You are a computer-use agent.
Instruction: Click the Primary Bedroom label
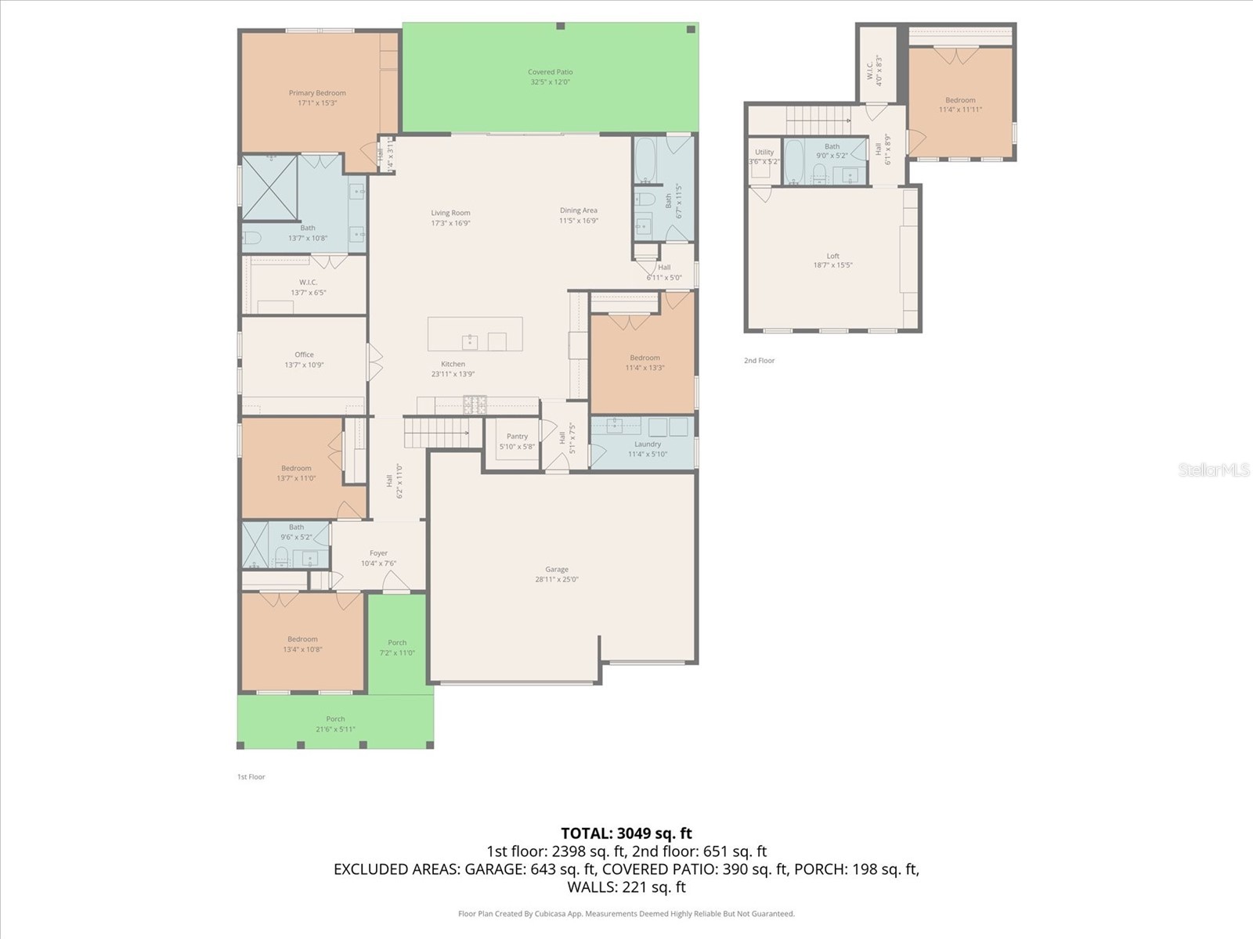click(317, 93)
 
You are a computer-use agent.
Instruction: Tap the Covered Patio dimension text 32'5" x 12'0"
click(551, 82)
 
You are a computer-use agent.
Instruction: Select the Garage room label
click(557, 570)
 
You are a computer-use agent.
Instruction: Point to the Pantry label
click(517, 437)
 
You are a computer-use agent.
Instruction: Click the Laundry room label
click(648, 444)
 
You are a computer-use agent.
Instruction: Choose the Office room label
click(304, 354)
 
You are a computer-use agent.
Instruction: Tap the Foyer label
click(378, 553)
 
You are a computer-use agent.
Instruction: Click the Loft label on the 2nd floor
click(832, 256)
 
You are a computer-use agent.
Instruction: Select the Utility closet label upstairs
click(764, 153)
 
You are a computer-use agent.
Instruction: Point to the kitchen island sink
click(470, 340)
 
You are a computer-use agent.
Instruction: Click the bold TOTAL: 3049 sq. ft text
click(626, 833)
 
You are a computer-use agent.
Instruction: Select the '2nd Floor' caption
click(759, 361)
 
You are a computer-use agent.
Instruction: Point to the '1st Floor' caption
click(251, 777)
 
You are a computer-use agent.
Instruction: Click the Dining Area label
click(579, 210)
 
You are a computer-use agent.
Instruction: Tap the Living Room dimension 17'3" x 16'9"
click(450, 223)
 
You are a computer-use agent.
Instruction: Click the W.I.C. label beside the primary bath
click(308, 282)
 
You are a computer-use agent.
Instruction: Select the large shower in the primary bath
click(269, 187)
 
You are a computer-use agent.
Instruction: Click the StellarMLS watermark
click(1214, 469)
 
